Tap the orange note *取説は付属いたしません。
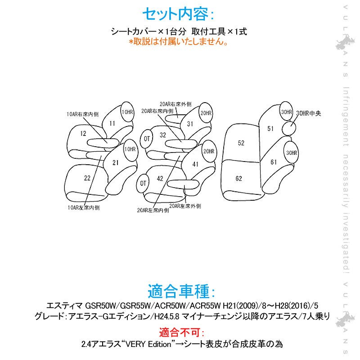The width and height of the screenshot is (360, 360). (x=179, y=41)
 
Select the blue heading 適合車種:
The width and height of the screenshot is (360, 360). (x=179, y=291)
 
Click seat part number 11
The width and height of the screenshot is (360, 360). (x=112, y=123)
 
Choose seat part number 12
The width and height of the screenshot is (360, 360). (x=83, y=133)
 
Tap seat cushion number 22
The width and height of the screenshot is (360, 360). (x=87, y=178)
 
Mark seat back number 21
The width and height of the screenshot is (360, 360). (x=115, y=162)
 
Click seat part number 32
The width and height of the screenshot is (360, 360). (x=162, y=134)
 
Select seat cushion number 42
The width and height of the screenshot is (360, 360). (x=160, y=179)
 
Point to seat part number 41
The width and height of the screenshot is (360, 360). (x=195, y=164)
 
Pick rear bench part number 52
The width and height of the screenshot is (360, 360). (x=241, y=143)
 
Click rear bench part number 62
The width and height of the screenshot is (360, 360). (x=238, y=179)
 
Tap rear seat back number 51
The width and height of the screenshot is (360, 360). (x=270, y=128)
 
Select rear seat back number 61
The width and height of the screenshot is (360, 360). (x=274, y=162)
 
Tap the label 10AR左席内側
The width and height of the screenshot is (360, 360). (x=83, y=208)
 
